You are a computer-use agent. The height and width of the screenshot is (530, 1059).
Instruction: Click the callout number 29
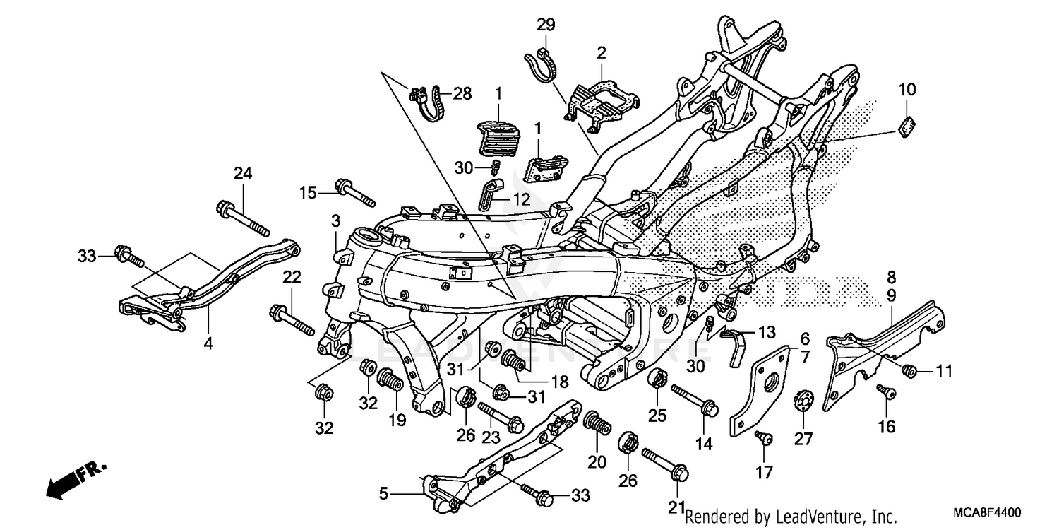(x=546, y=25)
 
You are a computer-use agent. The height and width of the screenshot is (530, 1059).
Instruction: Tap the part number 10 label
(x=907, y=90)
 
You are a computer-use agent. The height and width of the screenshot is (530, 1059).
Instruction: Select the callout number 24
(x=243, y=174)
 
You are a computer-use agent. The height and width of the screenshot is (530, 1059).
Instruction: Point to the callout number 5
(x=383, y=494)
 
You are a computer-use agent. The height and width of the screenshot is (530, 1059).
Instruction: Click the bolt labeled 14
(x=696, y=398)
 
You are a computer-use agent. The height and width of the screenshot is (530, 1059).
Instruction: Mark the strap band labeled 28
(x=429, y=103)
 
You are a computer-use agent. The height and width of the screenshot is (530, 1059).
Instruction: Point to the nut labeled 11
(x=909, y=369)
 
